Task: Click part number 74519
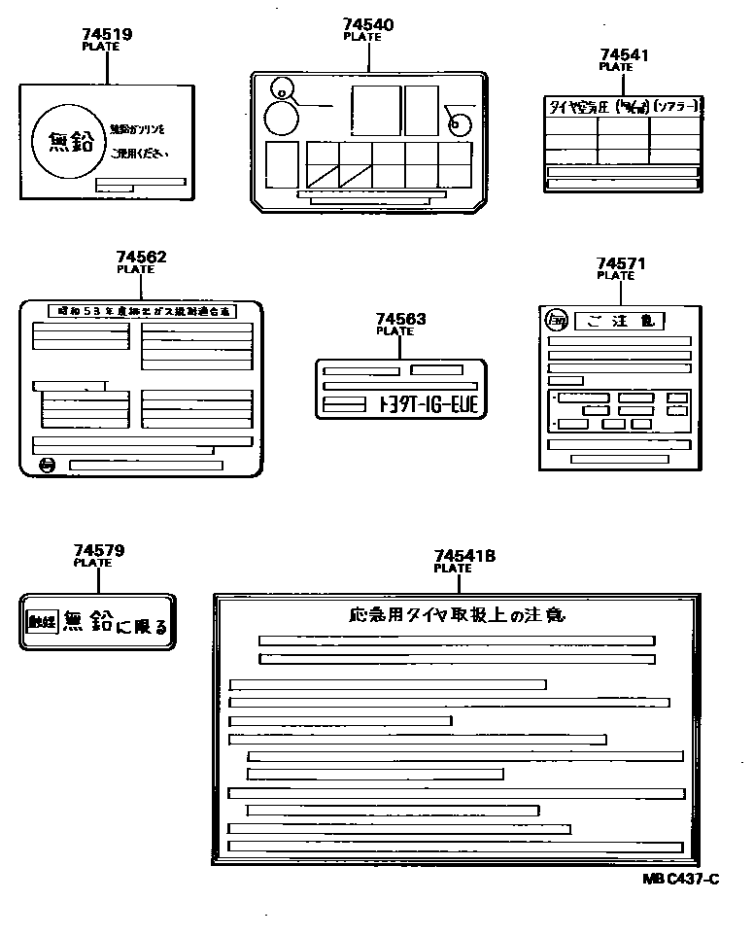tap(107, 34)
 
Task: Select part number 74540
tap(368, 24)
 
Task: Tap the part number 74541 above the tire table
tap(624, 55)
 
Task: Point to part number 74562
tap(141, 258)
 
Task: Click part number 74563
tap(400, 319)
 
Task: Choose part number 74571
tap(620, 263)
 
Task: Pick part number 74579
tap(99, 550)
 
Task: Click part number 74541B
tap(464, 556)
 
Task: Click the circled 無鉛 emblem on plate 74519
tap(68, 141)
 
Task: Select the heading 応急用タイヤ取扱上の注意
tap(456, 614)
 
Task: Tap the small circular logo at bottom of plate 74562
tap(49, 466)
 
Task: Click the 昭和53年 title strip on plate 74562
tap(141, 311)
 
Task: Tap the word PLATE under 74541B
tap(452, 569)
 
